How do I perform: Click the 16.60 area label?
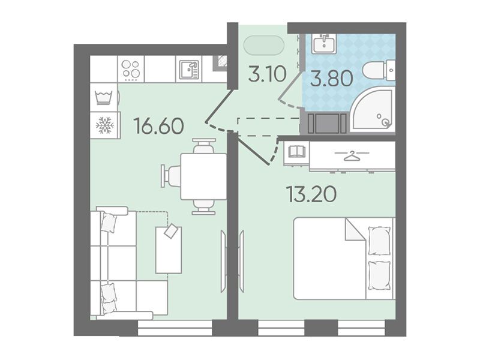tap(159, 126)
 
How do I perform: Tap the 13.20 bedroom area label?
tap(311, 194)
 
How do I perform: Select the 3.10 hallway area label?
tap(267, 74)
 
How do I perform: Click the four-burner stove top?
tap(130, 69)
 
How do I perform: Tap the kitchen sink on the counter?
tap(190, 69)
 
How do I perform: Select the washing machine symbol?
tap(103, 98)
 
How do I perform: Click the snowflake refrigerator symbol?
tap(104, 125)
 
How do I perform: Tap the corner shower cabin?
tap(373, 109)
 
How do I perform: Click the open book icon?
tap(296, 152)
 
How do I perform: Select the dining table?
tap(203, 176)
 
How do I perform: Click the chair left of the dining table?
tap(172, 176)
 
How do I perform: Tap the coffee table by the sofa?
tap(169, 250)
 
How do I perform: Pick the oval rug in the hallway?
tap(264, 46)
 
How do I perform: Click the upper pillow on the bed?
tap(379, 241)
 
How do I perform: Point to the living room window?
tap(175, 328)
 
